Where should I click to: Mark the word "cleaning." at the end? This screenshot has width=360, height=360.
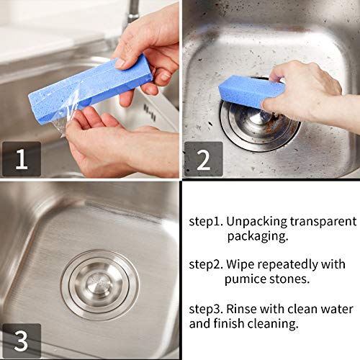point(271,324)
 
